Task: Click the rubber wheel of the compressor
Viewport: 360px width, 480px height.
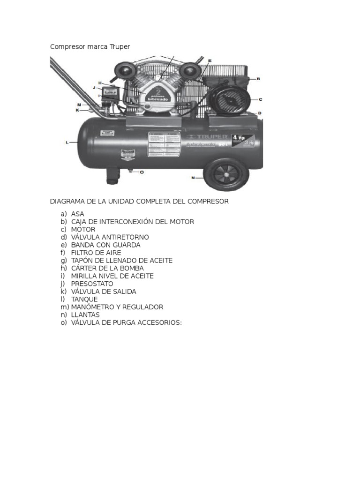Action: tap(226, 174)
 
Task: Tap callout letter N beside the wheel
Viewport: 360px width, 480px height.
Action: tap(193, 178)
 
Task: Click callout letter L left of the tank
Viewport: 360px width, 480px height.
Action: tap(67, 142)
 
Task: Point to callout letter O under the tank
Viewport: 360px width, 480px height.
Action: tap(142, 172)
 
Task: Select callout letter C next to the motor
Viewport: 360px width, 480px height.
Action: tap(260, 99)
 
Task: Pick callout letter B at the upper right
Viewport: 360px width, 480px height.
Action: tap(258, 79)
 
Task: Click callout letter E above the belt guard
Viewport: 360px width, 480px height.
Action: tap(210, 61)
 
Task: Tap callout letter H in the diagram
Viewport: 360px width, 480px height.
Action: tap(100, 83)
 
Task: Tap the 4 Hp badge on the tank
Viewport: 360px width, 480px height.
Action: tap(239, 138)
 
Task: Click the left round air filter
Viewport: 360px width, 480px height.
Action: tap(125, 71)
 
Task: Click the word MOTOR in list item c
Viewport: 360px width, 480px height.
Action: tap(83, 230)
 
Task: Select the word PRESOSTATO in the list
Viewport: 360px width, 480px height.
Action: tap(92, 284)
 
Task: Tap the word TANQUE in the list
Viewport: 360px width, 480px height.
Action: tap(84, 300)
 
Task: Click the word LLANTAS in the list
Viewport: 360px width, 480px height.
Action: tap(85, 315)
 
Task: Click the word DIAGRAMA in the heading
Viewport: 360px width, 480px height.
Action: tap(67, 202)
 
